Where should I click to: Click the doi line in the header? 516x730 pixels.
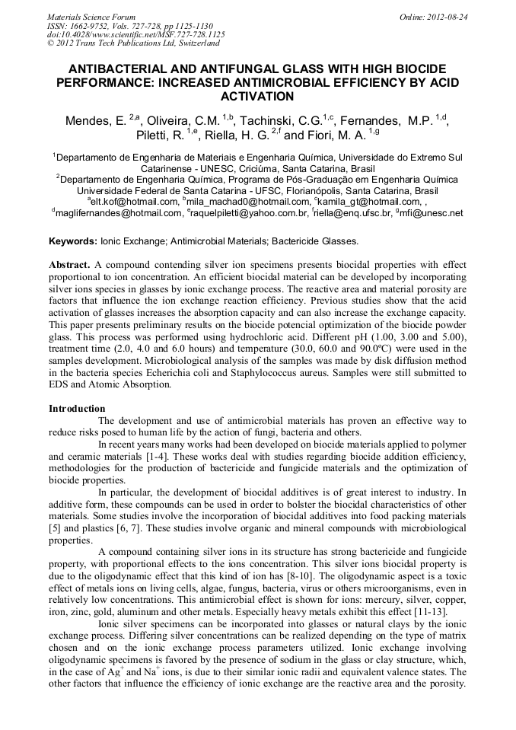[x=135, y=34]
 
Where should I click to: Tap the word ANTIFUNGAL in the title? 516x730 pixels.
[x=216, y=69]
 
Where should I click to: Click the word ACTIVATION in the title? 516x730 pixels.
[x=257, y=97]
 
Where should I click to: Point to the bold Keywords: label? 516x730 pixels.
[x=73, y=241]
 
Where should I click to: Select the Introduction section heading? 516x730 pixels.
[x=77, y=409]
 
